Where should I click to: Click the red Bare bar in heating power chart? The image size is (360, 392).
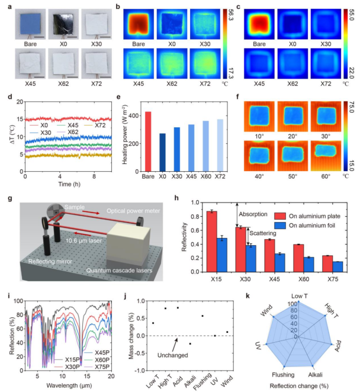coord(147,142)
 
